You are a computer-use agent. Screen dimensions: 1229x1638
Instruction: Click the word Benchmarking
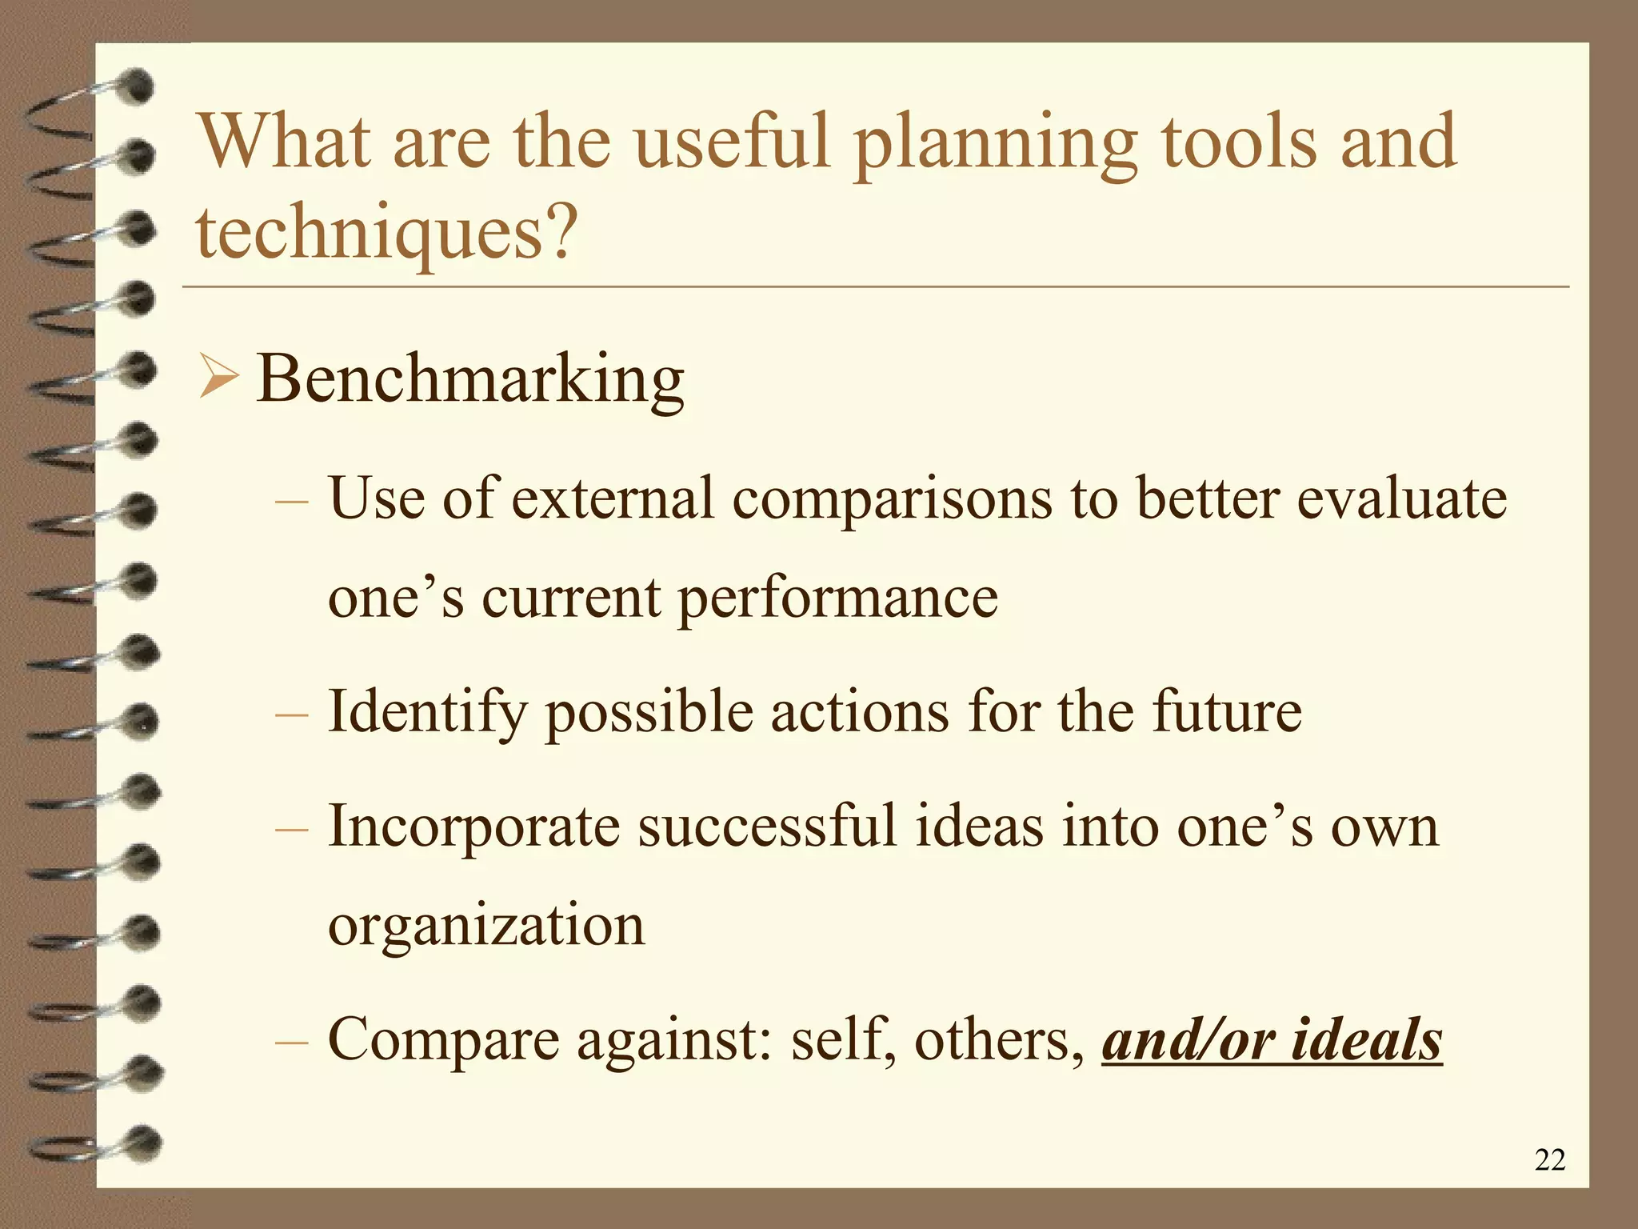pos(470,380)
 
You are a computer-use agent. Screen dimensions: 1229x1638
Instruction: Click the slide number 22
pos(1549,1159)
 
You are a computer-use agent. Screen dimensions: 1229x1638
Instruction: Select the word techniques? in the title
pos(386,232)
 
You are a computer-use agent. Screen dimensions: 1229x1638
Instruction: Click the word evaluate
pos(1401,498)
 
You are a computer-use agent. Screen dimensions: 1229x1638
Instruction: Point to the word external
pos(613,498)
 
